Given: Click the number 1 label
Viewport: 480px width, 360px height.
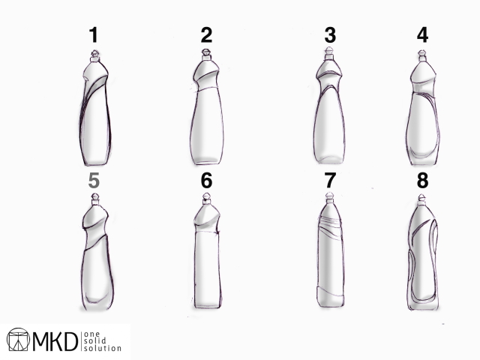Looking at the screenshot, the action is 94,35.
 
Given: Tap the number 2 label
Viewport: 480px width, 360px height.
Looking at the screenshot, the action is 206,35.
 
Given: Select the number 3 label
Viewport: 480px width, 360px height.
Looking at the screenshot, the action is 330,35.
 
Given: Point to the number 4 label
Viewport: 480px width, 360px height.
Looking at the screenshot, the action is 422,35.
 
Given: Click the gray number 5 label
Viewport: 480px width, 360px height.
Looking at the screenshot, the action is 94,181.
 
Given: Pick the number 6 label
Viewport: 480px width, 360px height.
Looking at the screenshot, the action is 206,181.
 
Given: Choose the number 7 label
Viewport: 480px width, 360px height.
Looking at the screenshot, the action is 330,181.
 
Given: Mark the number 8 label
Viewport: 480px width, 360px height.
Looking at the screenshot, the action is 422,181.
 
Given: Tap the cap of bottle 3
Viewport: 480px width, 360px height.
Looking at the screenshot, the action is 329,53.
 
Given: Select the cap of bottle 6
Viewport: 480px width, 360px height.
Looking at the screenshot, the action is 207,198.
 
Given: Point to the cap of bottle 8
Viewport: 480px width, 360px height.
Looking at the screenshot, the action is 421,199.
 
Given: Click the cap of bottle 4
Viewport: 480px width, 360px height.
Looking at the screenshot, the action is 422,55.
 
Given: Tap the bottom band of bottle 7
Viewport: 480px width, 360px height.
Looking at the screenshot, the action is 331,297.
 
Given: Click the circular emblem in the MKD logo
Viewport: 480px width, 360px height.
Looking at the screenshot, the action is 18,340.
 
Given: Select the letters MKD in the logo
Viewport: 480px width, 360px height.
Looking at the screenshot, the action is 55,341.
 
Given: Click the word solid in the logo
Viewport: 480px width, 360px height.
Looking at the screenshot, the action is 95,340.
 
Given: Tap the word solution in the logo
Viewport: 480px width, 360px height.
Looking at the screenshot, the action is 103,348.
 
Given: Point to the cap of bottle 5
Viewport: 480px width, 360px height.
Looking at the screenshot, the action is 95,199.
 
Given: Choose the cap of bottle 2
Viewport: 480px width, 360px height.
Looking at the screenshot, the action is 206,55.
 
